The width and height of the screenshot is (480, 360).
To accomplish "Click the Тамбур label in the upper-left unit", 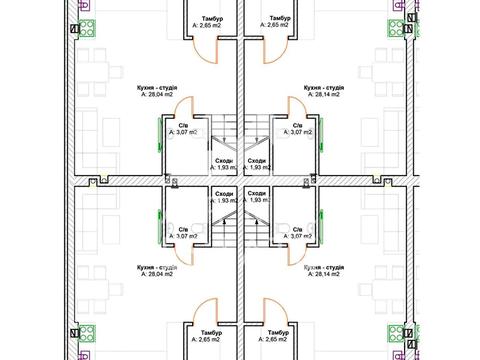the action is pos(212,19).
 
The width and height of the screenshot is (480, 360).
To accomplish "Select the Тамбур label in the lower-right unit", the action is pos(278,333).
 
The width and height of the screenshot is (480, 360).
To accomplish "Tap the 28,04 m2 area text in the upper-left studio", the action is pos(160,94).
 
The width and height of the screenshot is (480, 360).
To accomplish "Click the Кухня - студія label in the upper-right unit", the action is pos(324,88).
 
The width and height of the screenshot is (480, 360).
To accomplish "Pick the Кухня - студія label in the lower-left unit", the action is pos(157,268).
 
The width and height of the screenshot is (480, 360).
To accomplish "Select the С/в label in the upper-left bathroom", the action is pos(183,126).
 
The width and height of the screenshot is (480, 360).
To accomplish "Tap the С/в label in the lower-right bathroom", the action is pos(297,230).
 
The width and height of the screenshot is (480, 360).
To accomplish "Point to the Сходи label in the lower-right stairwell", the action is pos(257,194).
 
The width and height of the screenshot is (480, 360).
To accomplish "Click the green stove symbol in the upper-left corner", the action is pos(87,28).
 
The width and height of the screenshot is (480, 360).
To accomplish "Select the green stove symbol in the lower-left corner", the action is pos(87,334).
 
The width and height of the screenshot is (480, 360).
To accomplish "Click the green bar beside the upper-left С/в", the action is pos(159,135).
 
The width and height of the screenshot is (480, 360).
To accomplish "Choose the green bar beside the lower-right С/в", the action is pos(321,227).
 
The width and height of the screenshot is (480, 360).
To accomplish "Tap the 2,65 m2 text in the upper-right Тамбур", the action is pos(274,25).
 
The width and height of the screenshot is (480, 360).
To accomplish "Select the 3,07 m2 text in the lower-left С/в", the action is pos(183,236).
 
